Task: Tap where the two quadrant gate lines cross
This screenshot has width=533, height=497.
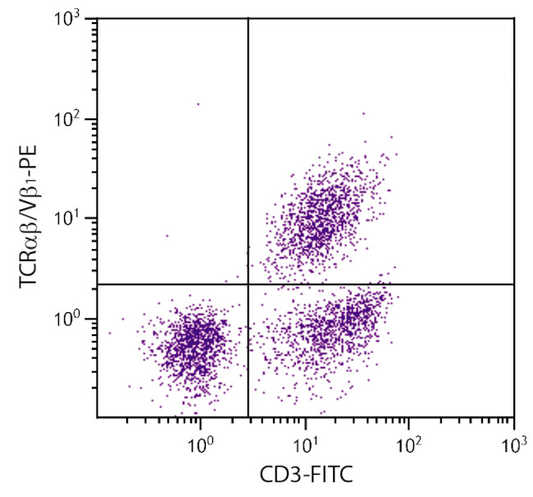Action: [x=248, y=284]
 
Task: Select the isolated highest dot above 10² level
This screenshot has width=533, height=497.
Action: [x=198, y=104]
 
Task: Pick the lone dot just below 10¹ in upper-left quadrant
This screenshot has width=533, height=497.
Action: [x=166, y=236]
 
